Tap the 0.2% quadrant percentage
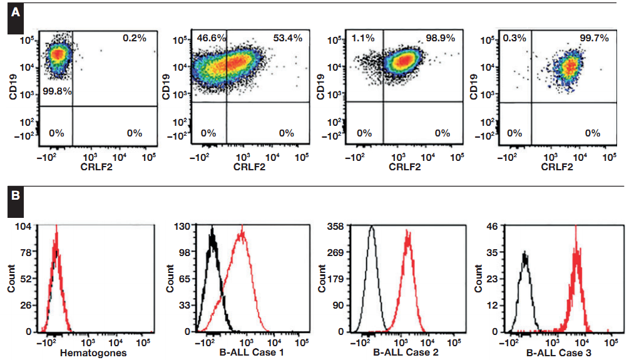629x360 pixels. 134,38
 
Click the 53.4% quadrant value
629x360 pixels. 287,38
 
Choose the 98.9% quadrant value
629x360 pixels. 441,38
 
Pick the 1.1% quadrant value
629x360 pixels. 364,38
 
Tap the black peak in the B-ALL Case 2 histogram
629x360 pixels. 372,229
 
